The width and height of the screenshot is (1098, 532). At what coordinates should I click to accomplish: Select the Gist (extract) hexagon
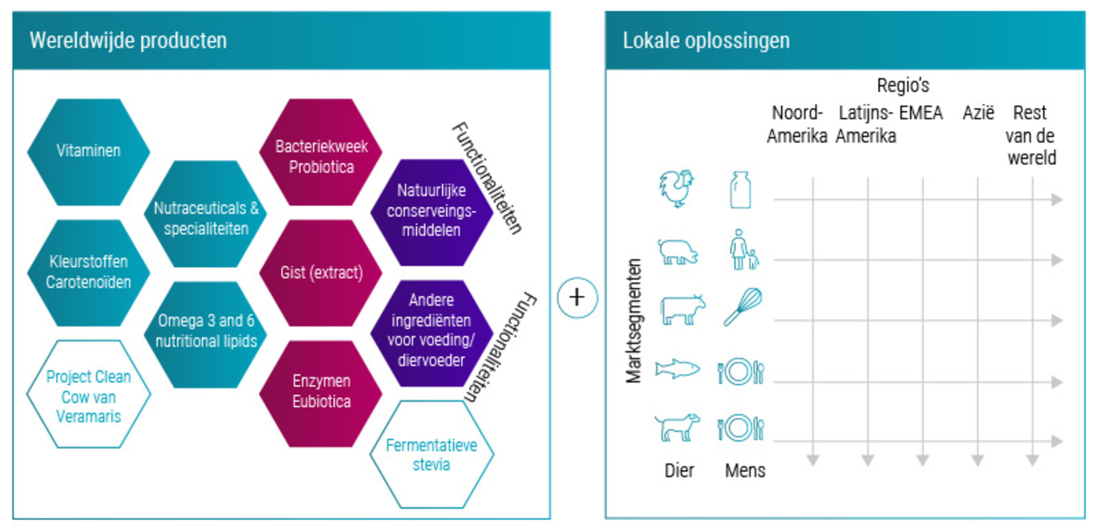(321, 273)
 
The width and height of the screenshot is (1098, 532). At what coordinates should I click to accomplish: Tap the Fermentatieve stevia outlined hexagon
(431, 455)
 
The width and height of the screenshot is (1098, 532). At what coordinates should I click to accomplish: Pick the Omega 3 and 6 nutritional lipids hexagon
(206, 332)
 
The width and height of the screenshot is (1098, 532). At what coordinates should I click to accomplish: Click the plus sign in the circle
(577, 297)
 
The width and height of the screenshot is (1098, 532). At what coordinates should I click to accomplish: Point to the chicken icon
(677, 188)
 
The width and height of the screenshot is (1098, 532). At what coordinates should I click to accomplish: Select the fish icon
(677, 369)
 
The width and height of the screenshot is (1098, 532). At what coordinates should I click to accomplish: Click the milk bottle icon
(740, 190)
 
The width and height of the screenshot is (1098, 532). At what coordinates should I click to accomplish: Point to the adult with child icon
(743, 250)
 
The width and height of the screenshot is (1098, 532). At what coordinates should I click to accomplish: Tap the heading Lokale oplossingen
(706, 41)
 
